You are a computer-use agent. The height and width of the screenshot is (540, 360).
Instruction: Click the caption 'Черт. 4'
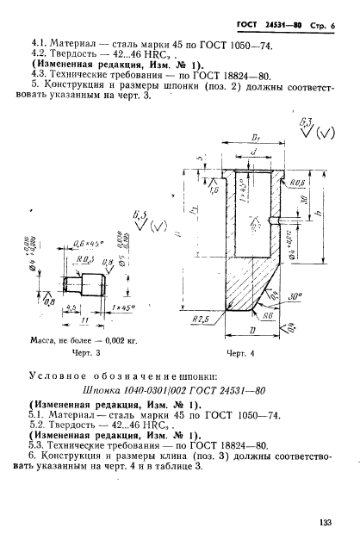click(x=243, y=352)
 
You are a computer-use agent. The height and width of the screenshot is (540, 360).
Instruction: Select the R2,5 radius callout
click(x=205, y=318)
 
